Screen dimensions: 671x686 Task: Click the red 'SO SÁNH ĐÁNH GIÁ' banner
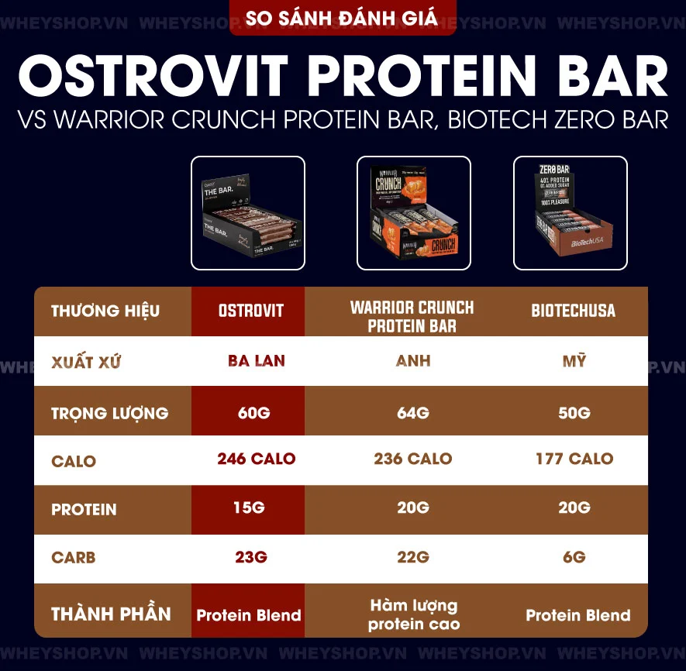(343, 18)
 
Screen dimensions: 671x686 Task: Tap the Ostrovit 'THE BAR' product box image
(248, 213)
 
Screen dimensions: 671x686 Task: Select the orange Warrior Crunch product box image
(413, 213)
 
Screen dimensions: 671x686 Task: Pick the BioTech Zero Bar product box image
(571, 213)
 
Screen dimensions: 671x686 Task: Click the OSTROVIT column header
(250, 311)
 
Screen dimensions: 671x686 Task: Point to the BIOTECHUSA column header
(573, 311)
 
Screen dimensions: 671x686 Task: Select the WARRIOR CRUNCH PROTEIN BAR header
(412, 316)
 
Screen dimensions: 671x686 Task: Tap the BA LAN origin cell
(256, 361)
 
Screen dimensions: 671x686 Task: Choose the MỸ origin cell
(574, 361)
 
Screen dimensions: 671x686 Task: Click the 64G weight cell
(412, 412)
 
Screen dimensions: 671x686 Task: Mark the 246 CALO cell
(256, 459)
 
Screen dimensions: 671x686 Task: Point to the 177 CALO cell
(574, 459)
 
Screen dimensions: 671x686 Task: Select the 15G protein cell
(249, 508)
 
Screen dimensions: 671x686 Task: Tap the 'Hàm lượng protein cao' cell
(413, 614)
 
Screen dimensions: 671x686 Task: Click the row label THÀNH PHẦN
(111, 615)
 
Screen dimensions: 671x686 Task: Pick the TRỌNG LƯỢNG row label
(109, 413)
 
